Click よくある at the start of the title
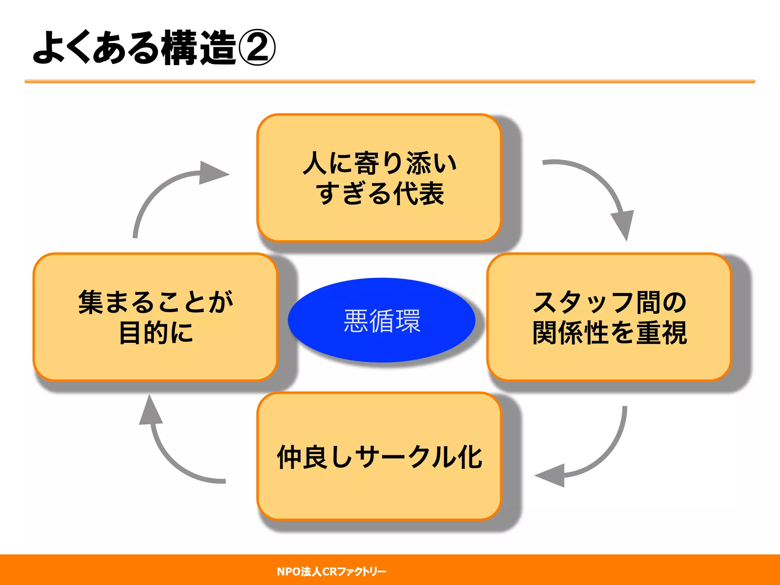coord(95,48)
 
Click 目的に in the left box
coord(156,333)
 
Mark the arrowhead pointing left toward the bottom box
coord(551,476)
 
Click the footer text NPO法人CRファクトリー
coord(331,571)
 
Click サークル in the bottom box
coord(407,457)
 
